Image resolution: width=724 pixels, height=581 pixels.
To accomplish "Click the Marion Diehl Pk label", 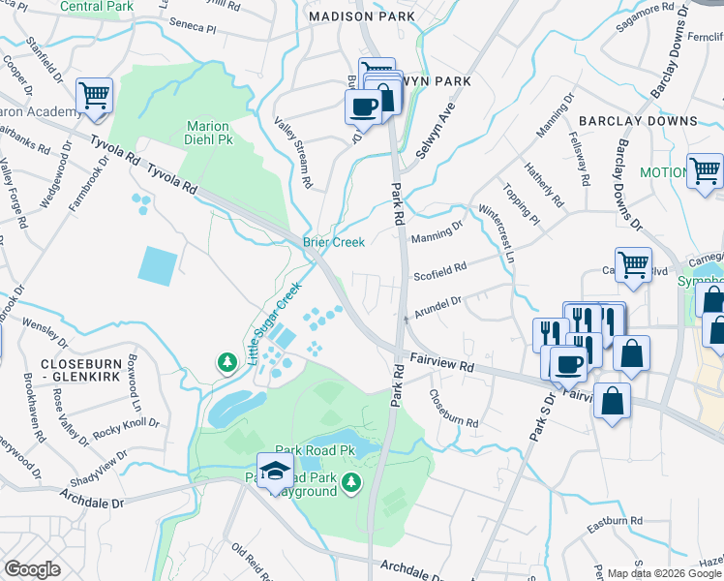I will tap(207, 133).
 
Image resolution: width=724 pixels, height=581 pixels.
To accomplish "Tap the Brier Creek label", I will tap(334, 242).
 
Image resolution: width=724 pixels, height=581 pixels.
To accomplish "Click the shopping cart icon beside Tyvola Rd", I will tap(95, 96).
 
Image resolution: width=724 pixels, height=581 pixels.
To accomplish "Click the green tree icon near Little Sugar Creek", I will tap(227, 362).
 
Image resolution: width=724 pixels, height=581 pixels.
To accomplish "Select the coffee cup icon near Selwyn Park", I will tap(364, 107).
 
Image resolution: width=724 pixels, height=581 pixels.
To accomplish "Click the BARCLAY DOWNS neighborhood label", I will tap(638, 121).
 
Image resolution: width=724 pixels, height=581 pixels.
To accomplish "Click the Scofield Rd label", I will tap(441, 266).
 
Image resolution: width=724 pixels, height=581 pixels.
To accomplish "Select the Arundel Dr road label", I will tap(440, 307).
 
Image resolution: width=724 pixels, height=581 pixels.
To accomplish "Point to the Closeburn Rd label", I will tap(453, 408).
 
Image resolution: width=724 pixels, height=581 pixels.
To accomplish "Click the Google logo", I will tap(33, 569).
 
